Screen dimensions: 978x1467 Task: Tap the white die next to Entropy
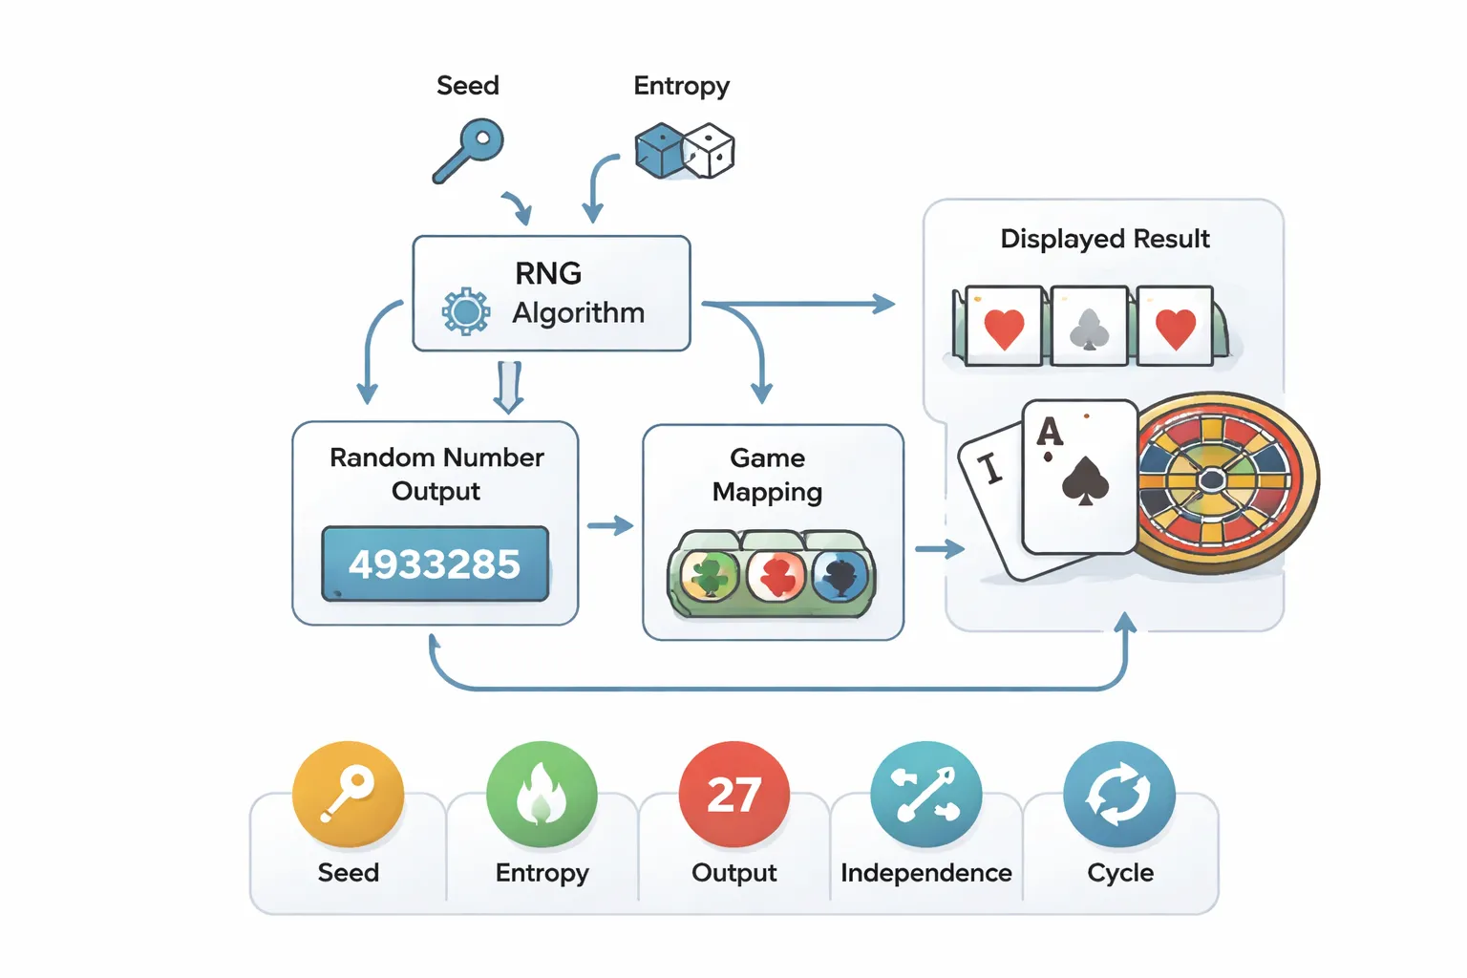point(710,151)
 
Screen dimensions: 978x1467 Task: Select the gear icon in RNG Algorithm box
point(466,311)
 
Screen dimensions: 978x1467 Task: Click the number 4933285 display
point(436,564)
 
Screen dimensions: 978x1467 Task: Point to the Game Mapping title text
point(767,475)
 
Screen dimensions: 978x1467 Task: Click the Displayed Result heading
point(1104,239)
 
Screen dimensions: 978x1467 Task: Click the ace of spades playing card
point(1079,476)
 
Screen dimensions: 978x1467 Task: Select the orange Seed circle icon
point(349,794)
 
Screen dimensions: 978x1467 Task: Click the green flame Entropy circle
point(542,794)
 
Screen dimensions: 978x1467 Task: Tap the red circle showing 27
point(733,794)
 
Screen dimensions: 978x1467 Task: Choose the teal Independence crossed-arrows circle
point(925,794)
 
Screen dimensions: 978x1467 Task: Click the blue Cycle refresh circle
point(1118,794)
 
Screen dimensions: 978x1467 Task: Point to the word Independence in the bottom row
point(925,873)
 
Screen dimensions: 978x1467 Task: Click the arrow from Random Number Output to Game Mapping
point(610,526)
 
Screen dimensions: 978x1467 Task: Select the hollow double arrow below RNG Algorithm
point(508,386)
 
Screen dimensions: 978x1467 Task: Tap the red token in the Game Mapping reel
point(776,576)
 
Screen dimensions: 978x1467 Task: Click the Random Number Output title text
point(436,474)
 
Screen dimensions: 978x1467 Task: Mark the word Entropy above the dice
point(681,86)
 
